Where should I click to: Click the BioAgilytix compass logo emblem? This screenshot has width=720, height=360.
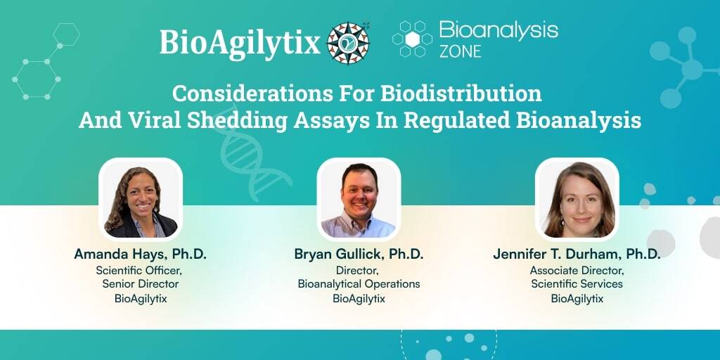pyautogui.click(x=348, y=43)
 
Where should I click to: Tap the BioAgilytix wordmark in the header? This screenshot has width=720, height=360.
pyautogui.click(x=240, y=44)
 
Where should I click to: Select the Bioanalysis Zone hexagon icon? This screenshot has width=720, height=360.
pyautogui.click(x=412, y=39)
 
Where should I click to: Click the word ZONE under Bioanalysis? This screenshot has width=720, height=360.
pyautogui.click(x=460, y=51)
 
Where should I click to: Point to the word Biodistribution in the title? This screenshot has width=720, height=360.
pyautogui.click(x=461, y=94)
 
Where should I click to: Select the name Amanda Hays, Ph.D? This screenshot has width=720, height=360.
pyautogui.click(x=141, y=255)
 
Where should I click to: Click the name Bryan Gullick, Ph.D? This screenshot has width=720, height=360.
pyautogui.click(x=359, y=255)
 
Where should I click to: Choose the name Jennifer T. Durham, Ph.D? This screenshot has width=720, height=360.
pyautogui.click(x=577, y=255)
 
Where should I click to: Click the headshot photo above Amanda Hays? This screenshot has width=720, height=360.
pyautogui.click(x=141, y=200)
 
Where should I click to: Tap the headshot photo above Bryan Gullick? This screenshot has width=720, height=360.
pyautogui.click(x=359, y=200)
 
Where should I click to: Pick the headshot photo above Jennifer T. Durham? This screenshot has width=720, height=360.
pyautogui.click(x=577, y=200)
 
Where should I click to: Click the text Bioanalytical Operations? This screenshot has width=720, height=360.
pyautogui.click(x=359, y=284)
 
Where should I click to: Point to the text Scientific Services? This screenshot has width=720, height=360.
pyautogui.click(x=577, y=284)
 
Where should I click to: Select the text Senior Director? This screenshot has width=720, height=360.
pyautogui.click(x=141, y=284)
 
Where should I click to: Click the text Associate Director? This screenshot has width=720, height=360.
pyautogui.click(x=577, y=269)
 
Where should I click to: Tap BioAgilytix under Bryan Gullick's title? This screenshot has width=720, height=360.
pyautogui.click(x=359, y=298)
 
